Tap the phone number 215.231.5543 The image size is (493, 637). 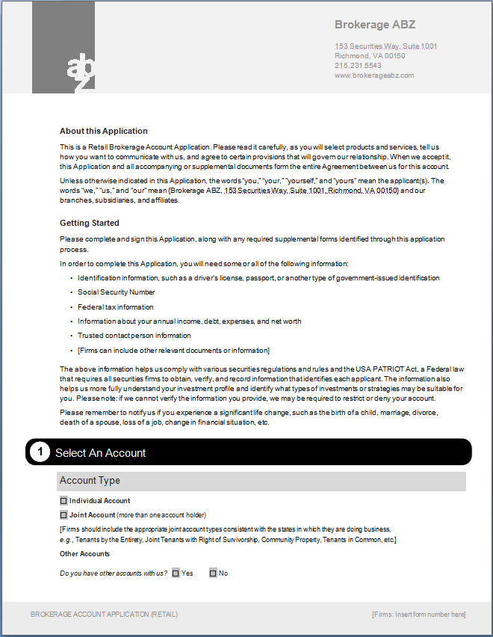(x=358, y=66)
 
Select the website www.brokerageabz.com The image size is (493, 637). (x=373, y=76)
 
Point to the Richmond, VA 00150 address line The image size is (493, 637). (x=370, y=56)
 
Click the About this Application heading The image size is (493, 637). (x=104, y=131)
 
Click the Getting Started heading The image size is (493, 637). (x=90, y=223)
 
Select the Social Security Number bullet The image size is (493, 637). (x=117, y=292)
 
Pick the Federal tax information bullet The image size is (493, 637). (x=116, y=307)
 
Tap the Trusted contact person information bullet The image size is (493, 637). (x=134, y=336)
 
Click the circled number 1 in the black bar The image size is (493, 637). (x=40, y=452)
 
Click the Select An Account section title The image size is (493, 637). (x=101, y=453)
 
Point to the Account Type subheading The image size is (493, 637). (x=90, y=481)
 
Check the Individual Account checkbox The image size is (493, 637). (x=63, y=501)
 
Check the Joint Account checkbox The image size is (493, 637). (x=63, y=515)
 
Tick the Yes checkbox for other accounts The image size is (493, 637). (x=176, y=573)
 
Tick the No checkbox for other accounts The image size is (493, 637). (x=213, y=573)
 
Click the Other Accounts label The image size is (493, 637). (x=84, y=554)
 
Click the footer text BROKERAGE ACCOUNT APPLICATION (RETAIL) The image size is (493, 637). (x=105, y=615)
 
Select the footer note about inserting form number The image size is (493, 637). (x=418, y=615)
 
